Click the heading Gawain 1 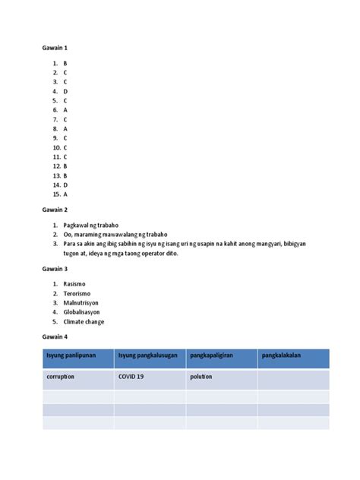(x=55, y=48)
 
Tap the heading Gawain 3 (x=55, y=269)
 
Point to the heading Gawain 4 (x=55, y=336)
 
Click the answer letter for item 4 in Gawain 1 (x=65, y=91)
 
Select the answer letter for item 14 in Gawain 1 (x=65, y=185)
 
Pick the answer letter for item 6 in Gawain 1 (x=65, y=109)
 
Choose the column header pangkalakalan (x=283, y=355)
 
